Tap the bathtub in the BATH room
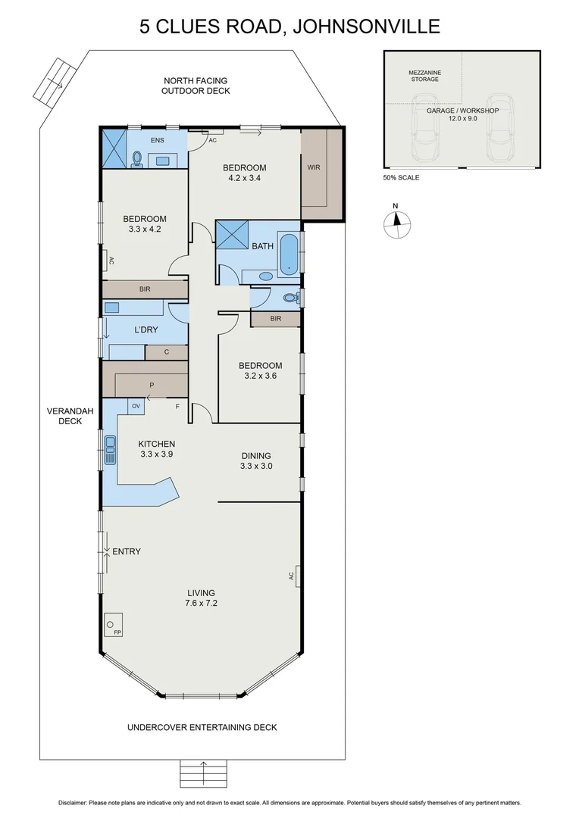coord(288,254)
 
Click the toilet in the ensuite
coord(137,158)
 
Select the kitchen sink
coord(110,450)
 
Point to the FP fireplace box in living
coord(114,623)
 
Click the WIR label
coord(314,168)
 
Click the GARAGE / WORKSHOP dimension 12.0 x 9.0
coord(462,118)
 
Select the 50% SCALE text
coord(401,177)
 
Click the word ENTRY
coord(127,551)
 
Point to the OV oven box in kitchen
coord(136,407)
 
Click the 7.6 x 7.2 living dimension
coord(200,604)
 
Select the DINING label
coord(256,455)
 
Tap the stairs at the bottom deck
coord(203,774)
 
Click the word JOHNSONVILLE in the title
coord(368,27)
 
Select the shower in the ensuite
coord(115,142)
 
